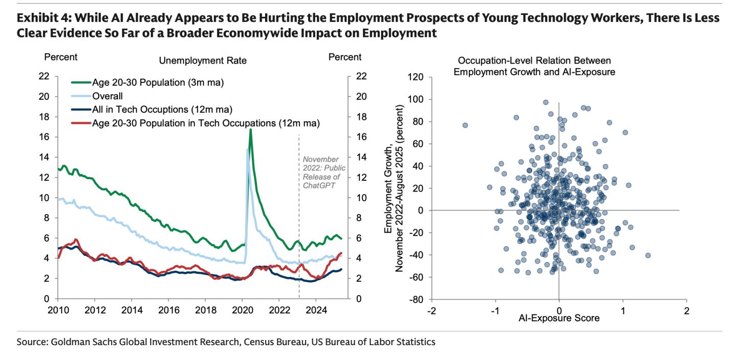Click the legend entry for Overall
coord(107,96)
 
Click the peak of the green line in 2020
coord(250,130)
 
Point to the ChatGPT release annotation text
coord(324,172)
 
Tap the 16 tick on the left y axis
coord(44,137)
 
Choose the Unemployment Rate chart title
coord(203,60)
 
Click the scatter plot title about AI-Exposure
coord(534,67)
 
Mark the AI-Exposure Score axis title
coord(559,318)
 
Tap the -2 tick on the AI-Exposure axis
coord(432,311)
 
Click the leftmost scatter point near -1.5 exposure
coord(465,125)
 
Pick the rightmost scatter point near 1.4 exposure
coord(648,255)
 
